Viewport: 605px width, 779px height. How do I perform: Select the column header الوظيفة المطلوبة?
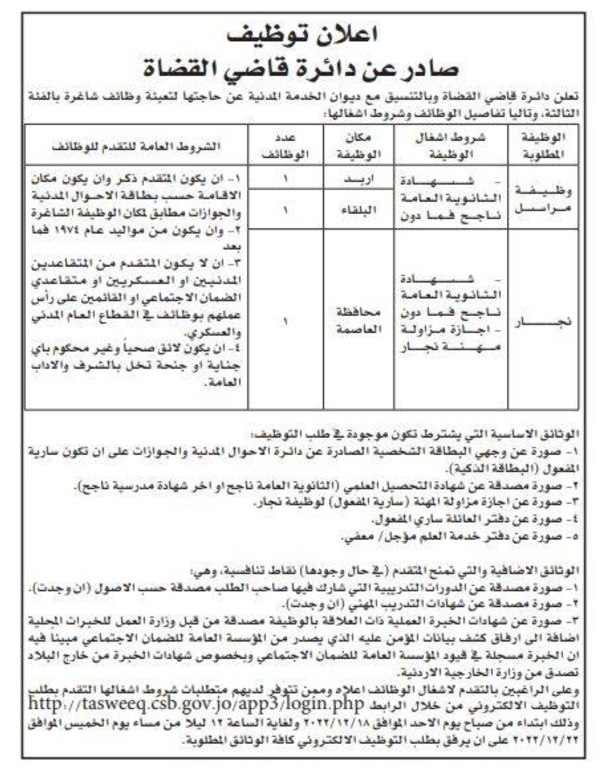543,146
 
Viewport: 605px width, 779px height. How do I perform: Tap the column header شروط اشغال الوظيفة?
450,146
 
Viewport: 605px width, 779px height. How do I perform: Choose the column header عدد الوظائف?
285,146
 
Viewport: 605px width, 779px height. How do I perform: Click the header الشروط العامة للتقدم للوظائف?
137,146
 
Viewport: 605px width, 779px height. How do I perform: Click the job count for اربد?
285,179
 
